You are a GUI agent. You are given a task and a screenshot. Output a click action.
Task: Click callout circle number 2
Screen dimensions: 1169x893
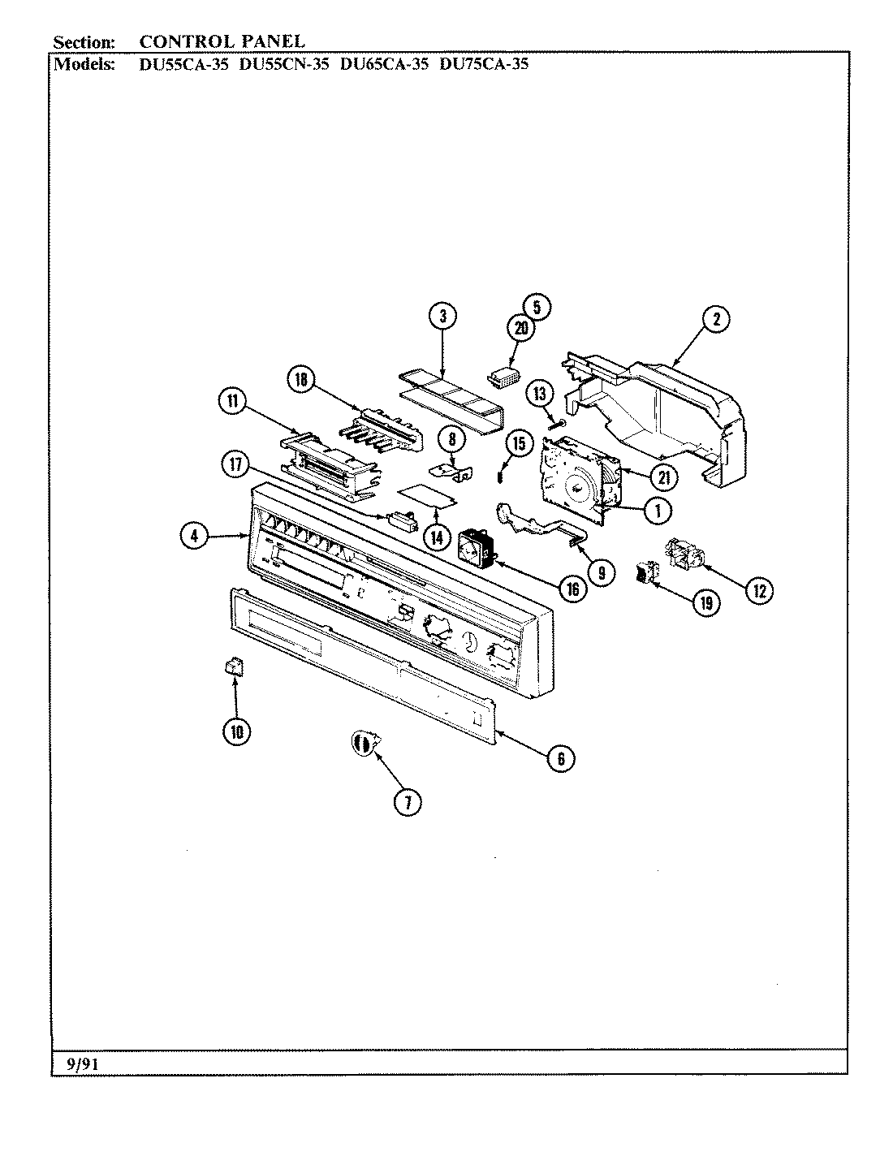tap(715, 319)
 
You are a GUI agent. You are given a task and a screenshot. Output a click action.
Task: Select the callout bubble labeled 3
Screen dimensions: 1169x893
tap(442, 317)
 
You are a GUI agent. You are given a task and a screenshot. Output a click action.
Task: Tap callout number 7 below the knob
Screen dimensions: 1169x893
tap(407, 802)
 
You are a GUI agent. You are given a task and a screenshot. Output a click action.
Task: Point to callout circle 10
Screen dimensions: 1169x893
tap(236, 731)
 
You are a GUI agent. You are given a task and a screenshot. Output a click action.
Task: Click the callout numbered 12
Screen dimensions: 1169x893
tap(758, 590)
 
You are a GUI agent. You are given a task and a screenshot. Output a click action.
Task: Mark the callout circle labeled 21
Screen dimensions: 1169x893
tap(663, 477)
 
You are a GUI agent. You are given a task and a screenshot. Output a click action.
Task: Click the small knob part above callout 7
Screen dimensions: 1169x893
tap(364, 742)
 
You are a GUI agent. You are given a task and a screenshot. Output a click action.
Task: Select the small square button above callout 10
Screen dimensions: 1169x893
tap(234, 666)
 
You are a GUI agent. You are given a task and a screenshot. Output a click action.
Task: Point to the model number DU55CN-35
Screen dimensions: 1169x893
tap(283, 63)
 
